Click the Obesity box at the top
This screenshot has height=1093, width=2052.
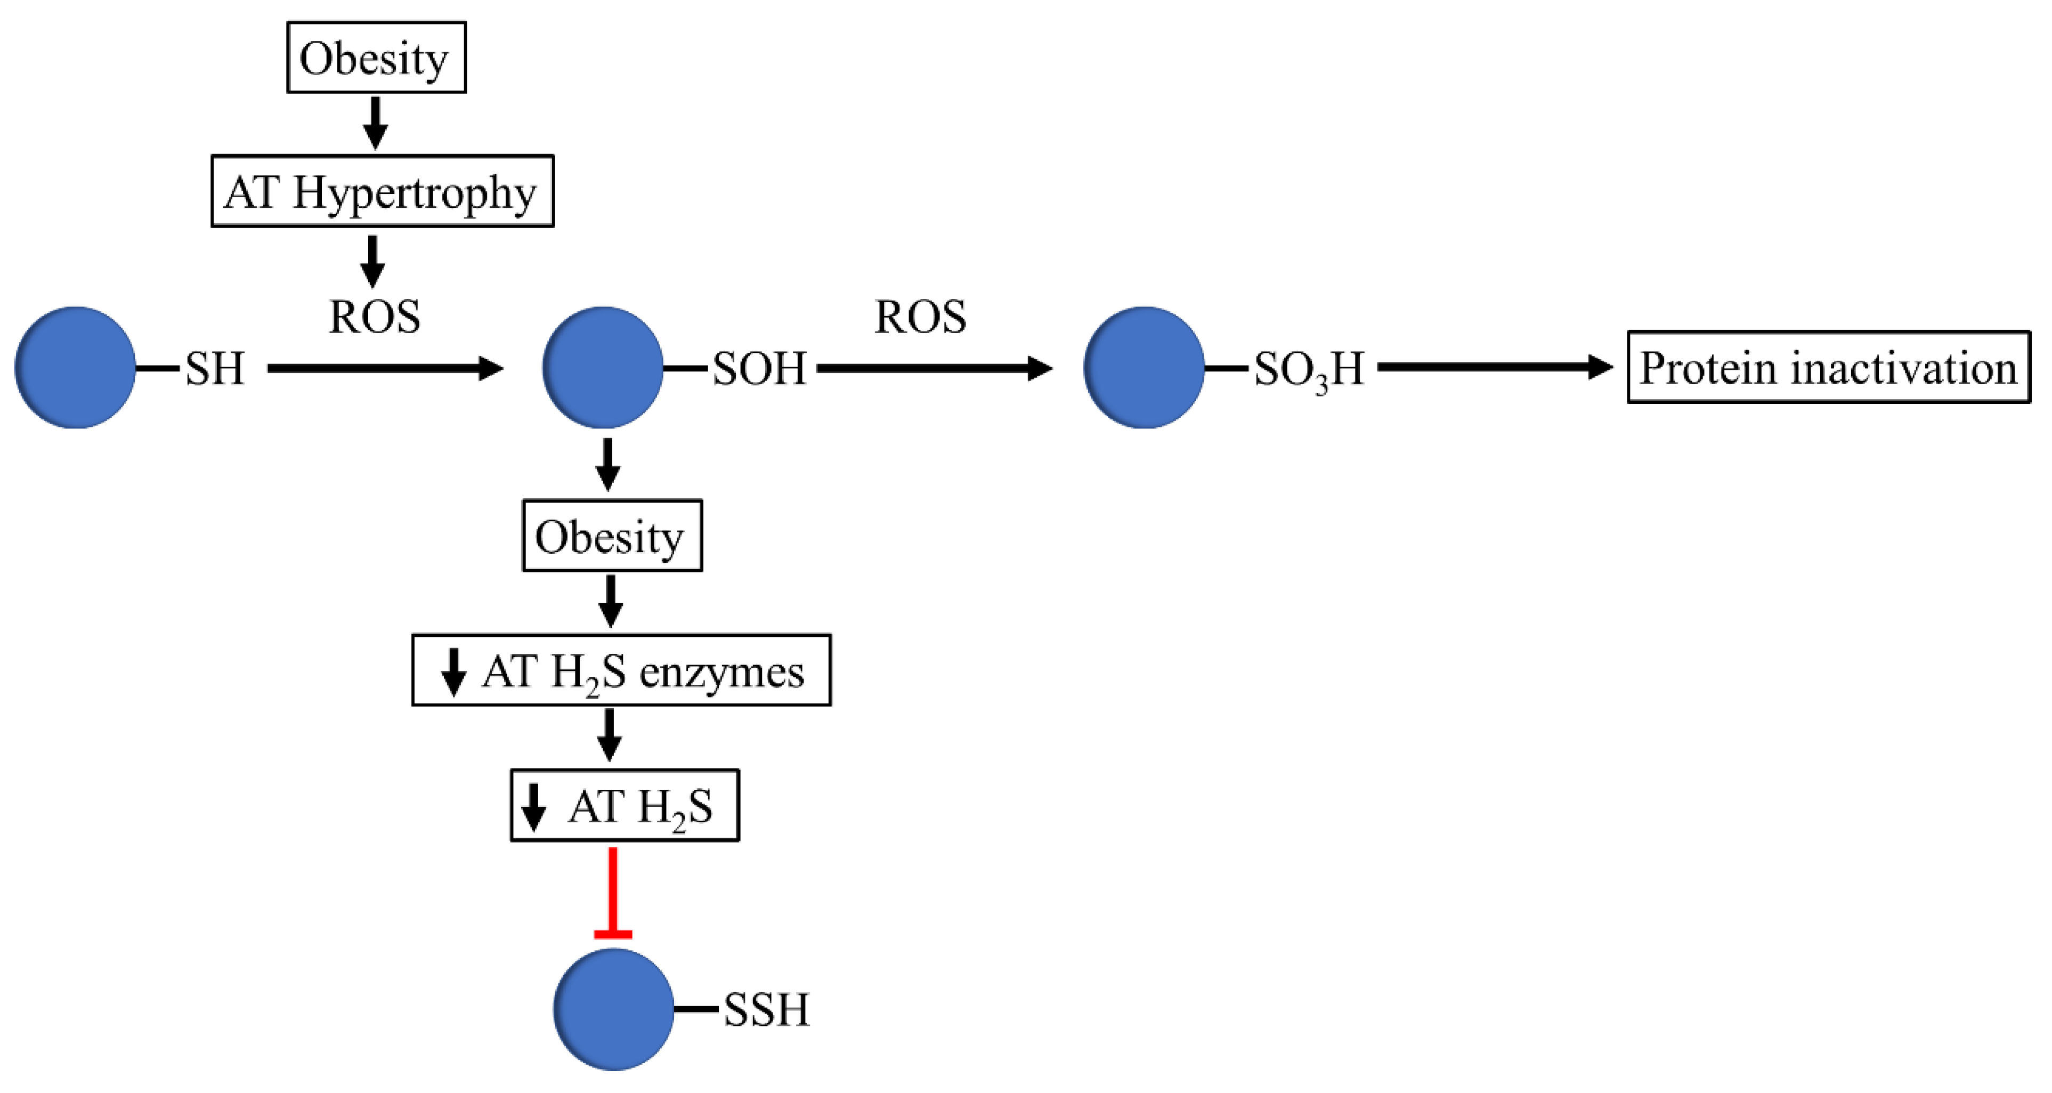(x=376, y=58)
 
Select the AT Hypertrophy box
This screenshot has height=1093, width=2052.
(x=383, y=191)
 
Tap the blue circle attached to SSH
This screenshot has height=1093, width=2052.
(x=613, y=1009)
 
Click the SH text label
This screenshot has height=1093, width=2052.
(x=214, y=368)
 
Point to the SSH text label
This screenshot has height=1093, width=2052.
(x=766, y=1009)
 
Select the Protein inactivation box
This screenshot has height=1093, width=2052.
(x=1828, y=367)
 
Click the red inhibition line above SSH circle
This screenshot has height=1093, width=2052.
(x=613, y=892)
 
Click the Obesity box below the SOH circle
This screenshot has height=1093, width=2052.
(x=612, y=536)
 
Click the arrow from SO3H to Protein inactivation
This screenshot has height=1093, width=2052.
(x=1494, y=367)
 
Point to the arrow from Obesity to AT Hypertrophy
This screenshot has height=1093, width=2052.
(x=375, y=123)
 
